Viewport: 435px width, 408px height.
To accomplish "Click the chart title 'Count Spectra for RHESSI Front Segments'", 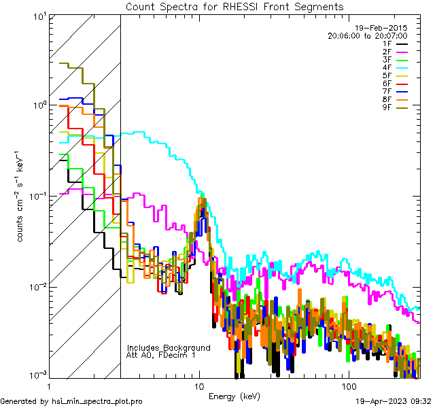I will [234, 6].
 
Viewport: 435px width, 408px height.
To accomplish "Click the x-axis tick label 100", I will [348, 385].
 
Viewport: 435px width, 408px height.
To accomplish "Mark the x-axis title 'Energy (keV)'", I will [234, 396].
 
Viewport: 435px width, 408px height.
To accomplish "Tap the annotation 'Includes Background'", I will [169, 347].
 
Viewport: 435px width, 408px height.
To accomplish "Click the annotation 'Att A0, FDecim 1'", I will [161, 355].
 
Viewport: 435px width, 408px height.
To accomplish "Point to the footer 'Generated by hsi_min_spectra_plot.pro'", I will [71, 402].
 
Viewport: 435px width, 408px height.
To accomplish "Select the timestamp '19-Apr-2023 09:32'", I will [394, 402].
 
